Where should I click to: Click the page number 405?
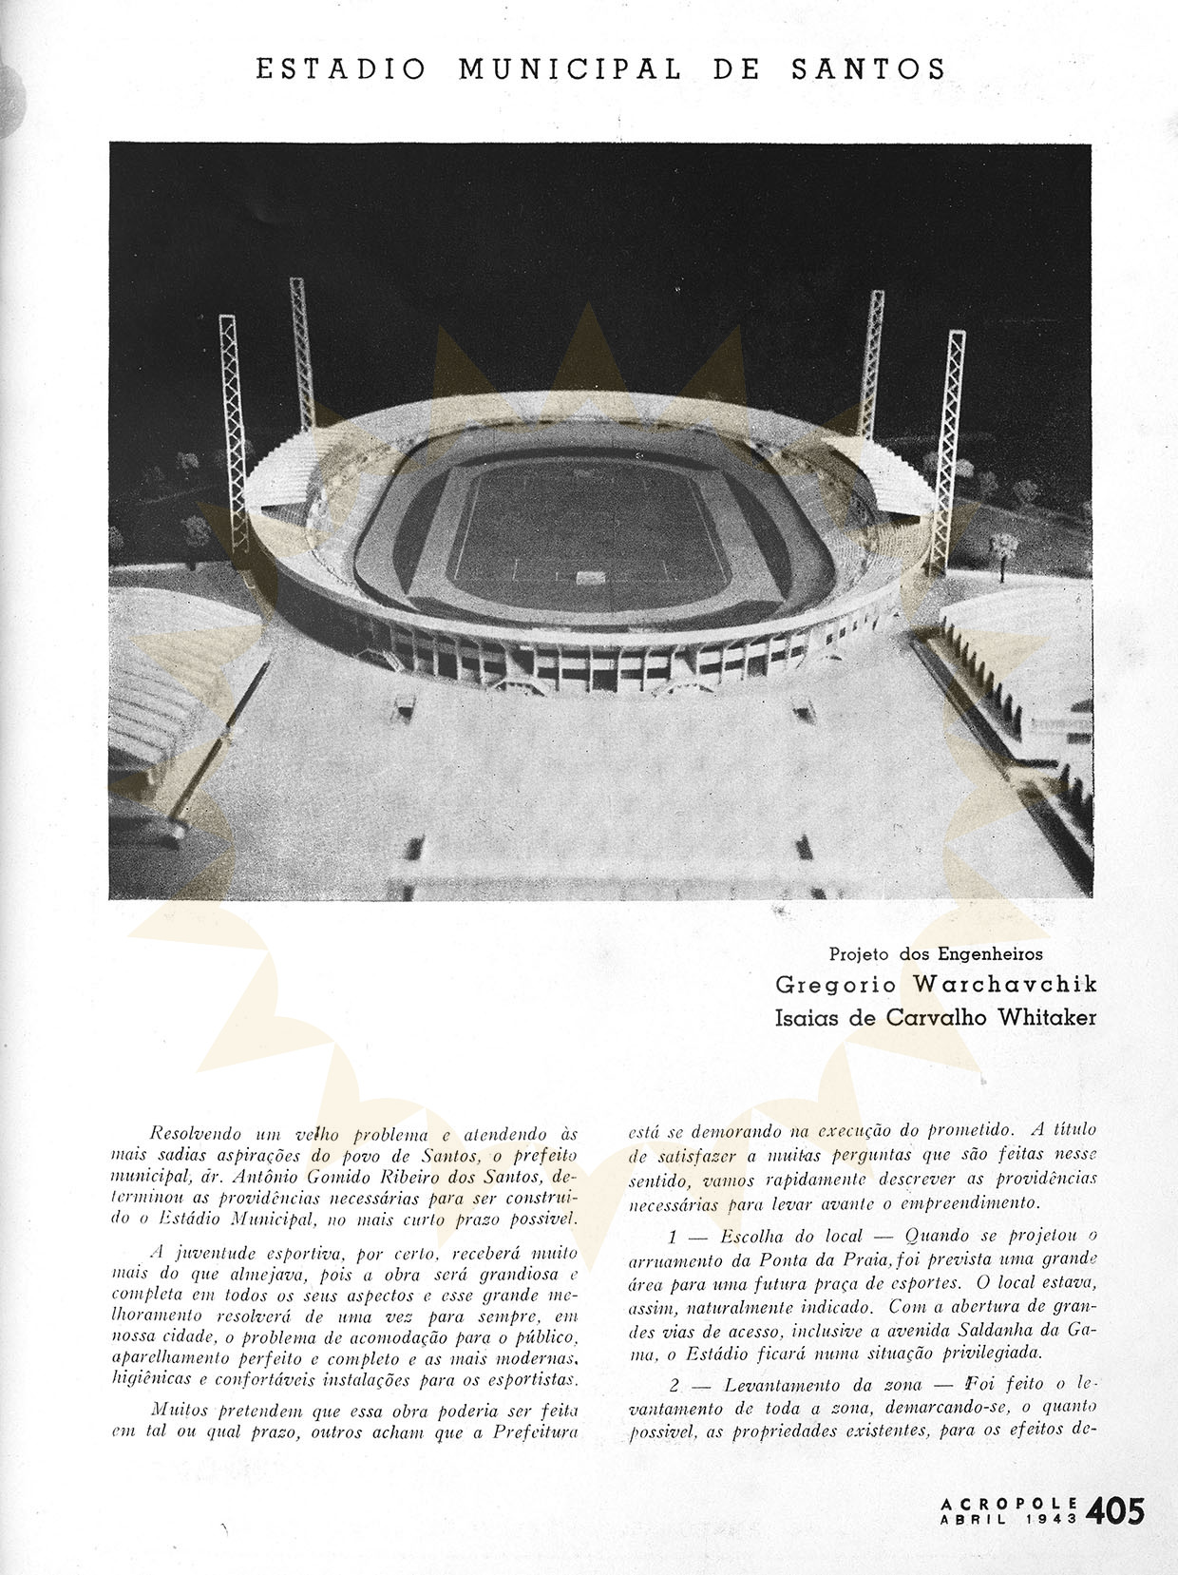(1117, 1510)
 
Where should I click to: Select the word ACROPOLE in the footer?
(1009, 1504)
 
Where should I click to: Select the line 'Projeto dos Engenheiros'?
(936, 953)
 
